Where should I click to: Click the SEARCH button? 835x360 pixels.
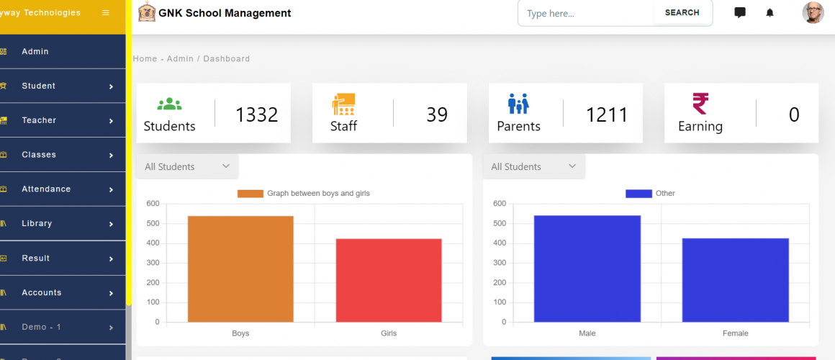click(682, 13)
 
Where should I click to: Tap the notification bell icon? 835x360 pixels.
click(769, 13)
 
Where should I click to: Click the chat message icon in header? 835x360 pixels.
click(739, 13)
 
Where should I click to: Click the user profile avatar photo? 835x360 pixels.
click(813, 12)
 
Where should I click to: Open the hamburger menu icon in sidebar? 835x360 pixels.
click(106, 13)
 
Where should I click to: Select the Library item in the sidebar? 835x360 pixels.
click(37, 224)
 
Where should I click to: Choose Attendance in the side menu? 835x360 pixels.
click(46, 189)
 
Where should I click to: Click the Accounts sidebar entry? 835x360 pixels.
click(41, 293)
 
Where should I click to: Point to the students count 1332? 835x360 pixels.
click(256, 114)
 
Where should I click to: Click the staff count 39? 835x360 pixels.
click(436, 114)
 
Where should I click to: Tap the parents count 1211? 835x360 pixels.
click(606, 114)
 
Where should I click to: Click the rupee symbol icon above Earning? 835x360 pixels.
click(700, 104)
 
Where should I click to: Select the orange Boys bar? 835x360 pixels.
click(240, 269)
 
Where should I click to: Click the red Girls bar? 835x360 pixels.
click(389, 280)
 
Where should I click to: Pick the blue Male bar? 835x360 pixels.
click(587, 269)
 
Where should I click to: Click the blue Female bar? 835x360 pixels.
click(735, 280)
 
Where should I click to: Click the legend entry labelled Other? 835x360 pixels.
click(650, 194)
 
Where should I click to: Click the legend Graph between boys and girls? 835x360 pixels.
click(303, 194)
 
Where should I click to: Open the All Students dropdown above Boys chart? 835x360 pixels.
click(186, 167)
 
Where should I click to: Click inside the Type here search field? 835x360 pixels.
click(584, 14)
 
